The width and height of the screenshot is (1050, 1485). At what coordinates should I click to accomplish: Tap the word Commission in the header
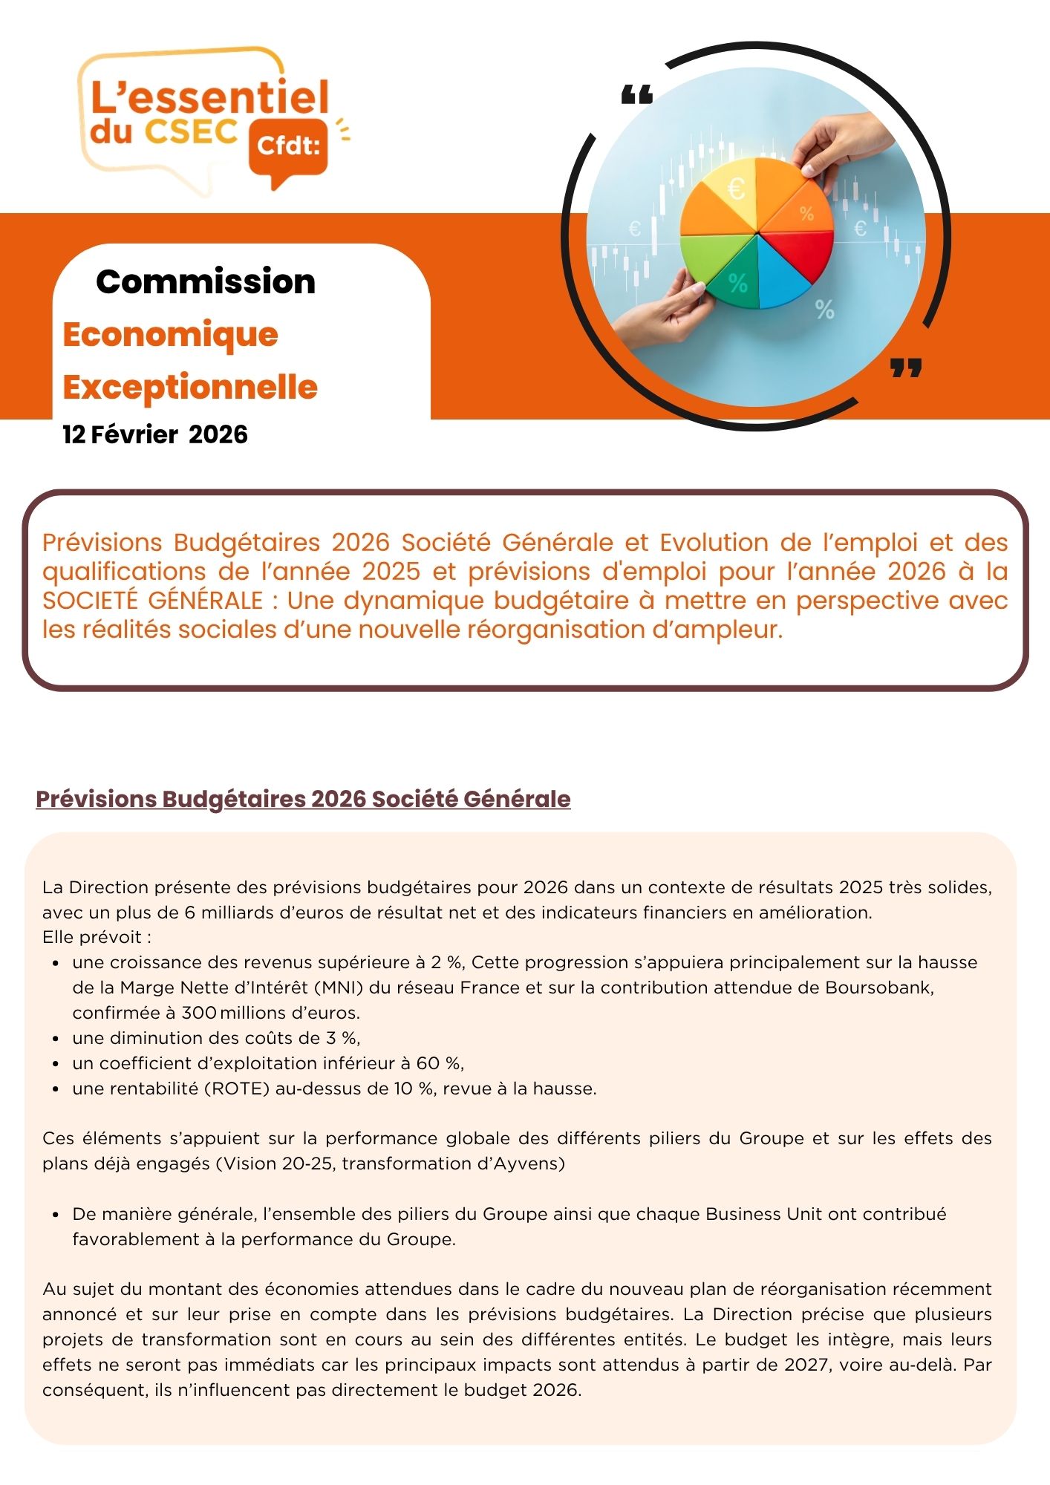click(x=206, y=282)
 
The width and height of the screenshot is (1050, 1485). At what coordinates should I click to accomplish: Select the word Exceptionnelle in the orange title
click(x=190, y=388)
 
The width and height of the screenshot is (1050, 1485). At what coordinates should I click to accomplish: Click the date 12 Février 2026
click(x=155, y=434)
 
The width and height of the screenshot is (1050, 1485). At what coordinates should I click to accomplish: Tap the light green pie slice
click(x=705, y=256)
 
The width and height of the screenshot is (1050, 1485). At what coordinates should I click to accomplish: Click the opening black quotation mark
click(x=636, y=95)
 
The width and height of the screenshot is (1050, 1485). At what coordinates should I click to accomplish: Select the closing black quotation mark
click(x=906, y=367)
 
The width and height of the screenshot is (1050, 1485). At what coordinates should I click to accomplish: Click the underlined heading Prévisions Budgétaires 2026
click(x=303, y=799)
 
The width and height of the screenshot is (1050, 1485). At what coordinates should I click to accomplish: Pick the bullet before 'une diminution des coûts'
click(x=56, y=1039)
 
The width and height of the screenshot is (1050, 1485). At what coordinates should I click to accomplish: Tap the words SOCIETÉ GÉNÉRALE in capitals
click(x=152, y=601)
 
